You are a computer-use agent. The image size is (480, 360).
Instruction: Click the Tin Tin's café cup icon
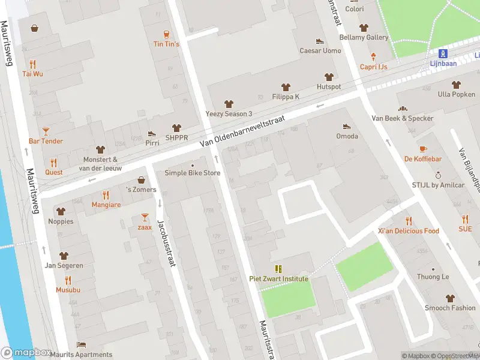coord(166,34)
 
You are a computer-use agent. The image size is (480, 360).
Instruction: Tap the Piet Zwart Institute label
coord(278,278)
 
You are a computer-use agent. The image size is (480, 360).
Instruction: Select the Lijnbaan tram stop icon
coord(443,53)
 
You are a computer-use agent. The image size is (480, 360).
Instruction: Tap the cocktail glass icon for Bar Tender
coord(46,131)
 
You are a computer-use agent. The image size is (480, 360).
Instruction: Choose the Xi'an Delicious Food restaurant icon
coord(409,221)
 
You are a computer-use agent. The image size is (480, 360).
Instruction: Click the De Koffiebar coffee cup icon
coord(423,149)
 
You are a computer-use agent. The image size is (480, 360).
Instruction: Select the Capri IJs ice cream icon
coord(373,56)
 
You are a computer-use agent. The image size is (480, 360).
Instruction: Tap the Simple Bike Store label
coord(193,173)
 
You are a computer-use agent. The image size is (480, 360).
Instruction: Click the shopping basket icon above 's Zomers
coord(141,179)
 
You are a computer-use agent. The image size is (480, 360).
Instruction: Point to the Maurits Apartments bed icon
coord(81,345)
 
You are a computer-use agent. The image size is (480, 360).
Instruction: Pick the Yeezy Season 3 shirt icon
coord(229,104)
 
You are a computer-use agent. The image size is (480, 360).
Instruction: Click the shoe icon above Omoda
coord(347,126)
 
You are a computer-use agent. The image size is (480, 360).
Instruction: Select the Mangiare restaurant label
coord(106,205)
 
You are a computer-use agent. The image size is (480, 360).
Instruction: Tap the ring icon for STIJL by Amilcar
coord(438,175)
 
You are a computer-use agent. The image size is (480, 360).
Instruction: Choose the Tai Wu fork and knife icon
coord(32,64)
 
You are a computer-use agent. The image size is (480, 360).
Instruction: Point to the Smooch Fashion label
coord(450,308)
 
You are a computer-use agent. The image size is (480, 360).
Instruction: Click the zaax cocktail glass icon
coord(145,217)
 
